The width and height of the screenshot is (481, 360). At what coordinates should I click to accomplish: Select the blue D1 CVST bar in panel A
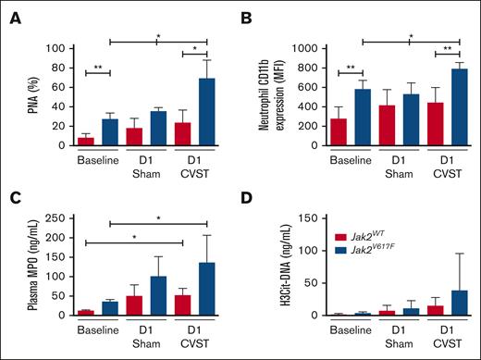pyautogui.click(x=197, y=112)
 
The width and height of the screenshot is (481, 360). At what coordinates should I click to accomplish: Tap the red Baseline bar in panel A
pyautogui.click(x=86, y=141)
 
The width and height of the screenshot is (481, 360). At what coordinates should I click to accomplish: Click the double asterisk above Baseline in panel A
pyautogui.click(x=95, y=66)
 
